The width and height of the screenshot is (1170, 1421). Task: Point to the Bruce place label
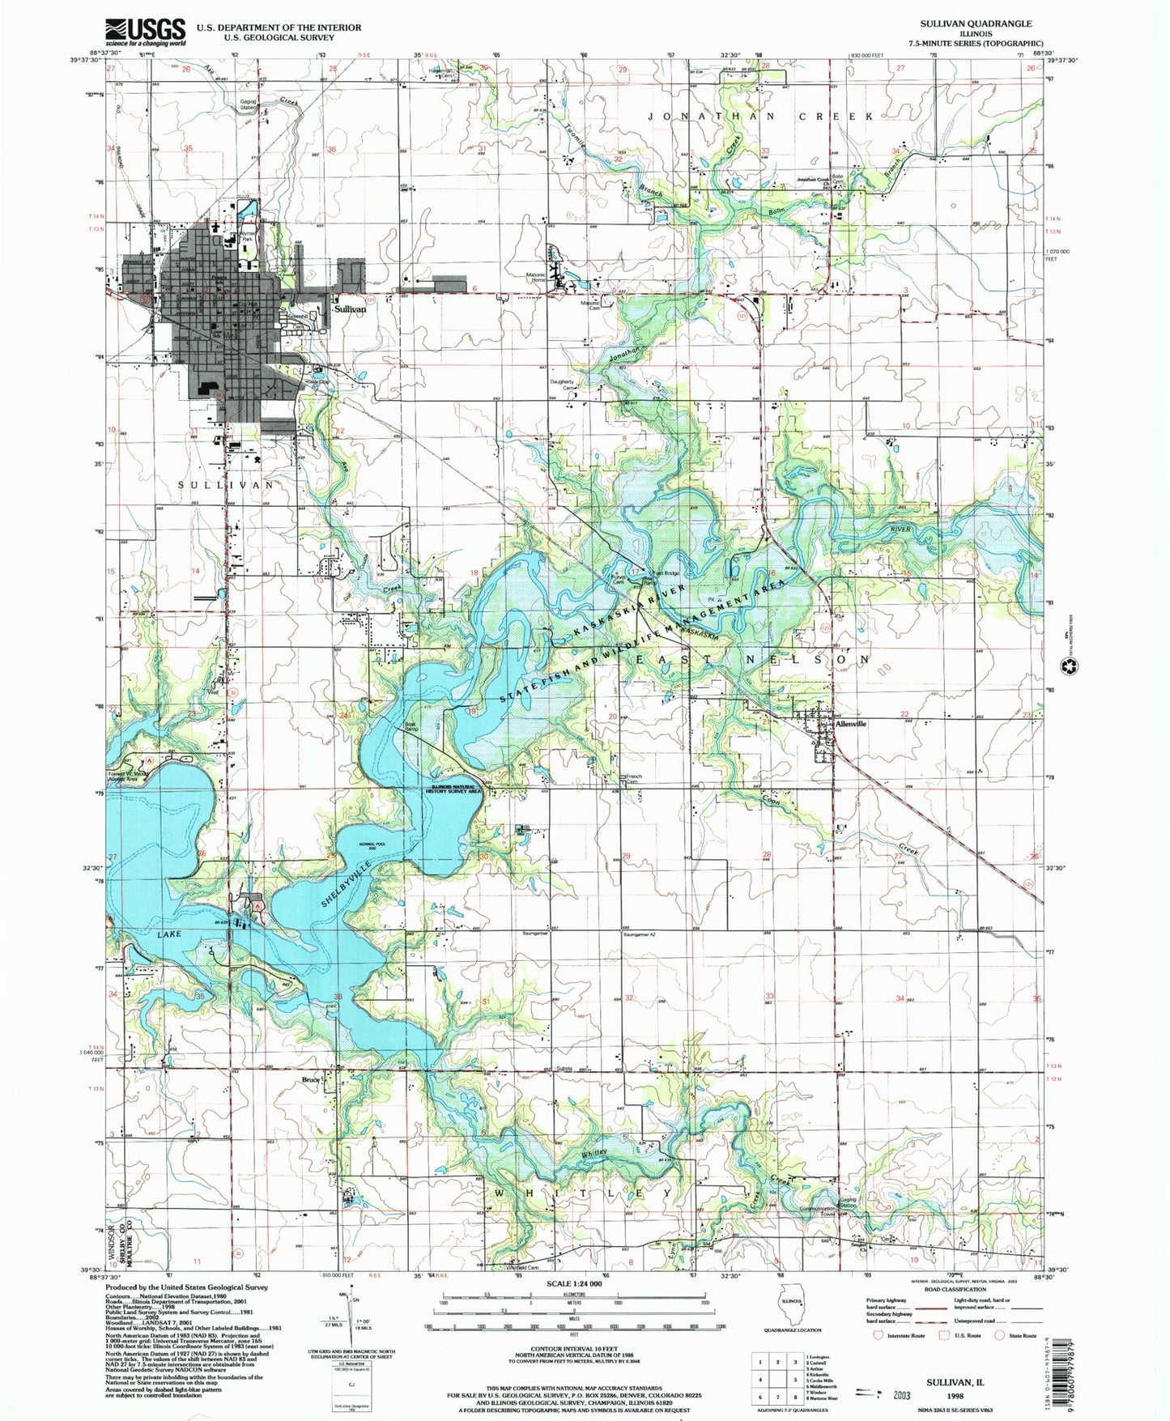pos(312,1080)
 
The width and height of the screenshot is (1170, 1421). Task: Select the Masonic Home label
pos(537,278)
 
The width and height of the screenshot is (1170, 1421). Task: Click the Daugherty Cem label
pos(562,385)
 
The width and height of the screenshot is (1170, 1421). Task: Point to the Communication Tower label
pos(816,1211)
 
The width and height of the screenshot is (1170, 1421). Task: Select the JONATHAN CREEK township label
pos(760,117)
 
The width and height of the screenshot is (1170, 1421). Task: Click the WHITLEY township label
pos(580,1194)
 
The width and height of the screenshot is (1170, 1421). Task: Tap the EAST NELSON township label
pos(751,660)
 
